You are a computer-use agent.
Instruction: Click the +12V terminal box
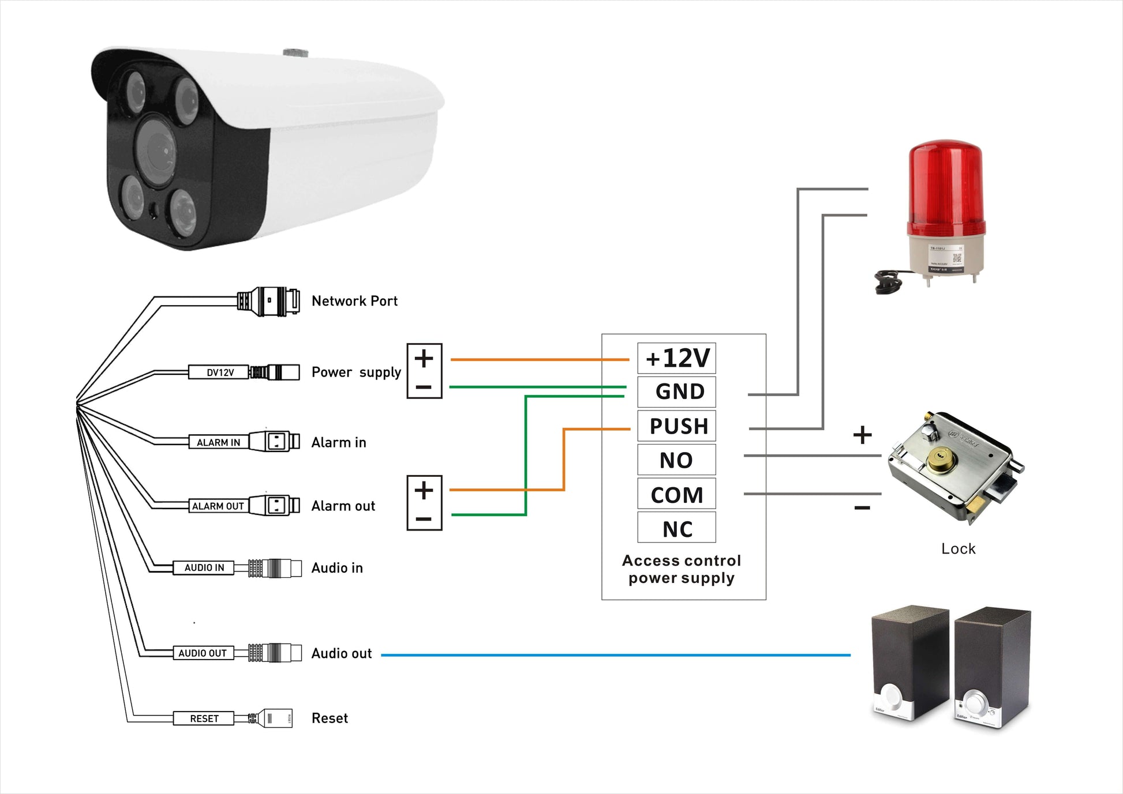pos(676,358)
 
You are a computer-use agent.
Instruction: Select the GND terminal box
pos(676,392)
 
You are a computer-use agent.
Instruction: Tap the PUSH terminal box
pos(676,426)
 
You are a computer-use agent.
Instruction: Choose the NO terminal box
pos(676,460)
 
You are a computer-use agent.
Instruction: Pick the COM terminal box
pos(676,494)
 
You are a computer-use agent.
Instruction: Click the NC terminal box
pos(676,528)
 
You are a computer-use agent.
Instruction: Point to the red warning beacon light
pos(944,190)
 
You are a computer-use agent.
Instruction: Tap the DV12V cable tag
pos(219,372)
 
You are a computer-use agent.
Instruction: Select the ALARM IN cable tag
pos(218,442)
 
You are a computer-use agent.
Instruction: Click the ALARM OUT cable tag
pos(218,506)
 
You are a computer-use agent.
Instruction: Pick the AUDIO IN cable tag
pos(204,567)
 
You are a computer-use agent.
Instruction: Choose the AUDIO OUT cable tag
pos(203,653)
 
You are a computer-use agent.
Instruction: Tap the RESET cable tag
pos(204,718)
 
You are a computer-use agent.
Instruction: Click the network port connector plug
pos(269,300)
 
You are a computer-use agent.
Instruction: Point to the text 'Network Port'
pos(354,301)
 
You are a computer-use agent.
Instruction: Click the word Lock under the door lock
pos(958,549)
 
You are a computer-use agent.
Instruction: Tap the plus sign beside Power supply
pos(424,359)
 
